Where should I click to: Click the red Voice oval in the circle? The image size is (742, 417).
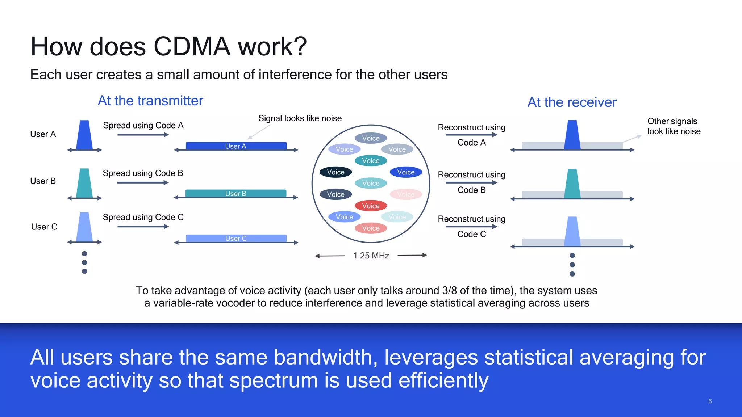click(371, 206)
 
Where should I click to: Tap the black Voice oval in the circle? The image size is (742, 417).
click(335, 172)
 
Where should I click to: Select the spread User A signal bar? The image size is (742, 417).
click(236, 146)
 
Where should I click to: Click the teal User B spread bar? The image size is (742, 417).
click(236, 193)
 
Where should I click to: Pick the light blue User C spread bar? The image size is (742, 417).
click(236, 238)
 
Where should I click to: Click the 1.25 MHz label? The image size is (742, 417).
click(371, 256)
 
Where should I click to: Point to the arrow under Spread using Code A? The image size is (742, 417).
click(143, 135)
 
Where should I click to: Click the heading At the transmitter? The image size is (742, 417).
click(150, 101)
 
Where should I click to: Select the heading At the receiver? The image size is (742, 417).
click(572, 102)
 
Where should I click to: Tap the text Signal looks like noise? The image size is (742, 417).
click(300, 118)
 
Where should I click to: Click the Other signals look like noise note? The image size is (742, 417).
click(674, 126)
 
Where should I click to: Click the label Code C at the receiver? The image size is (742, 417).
click(471, 234)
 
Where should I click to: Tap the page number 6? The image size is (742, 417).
click(710, 401)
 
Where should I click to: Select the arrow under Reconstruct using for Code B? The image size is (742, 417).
click(471, 182)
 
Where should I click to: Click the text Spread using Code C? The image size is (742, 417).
click(143, 217)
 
